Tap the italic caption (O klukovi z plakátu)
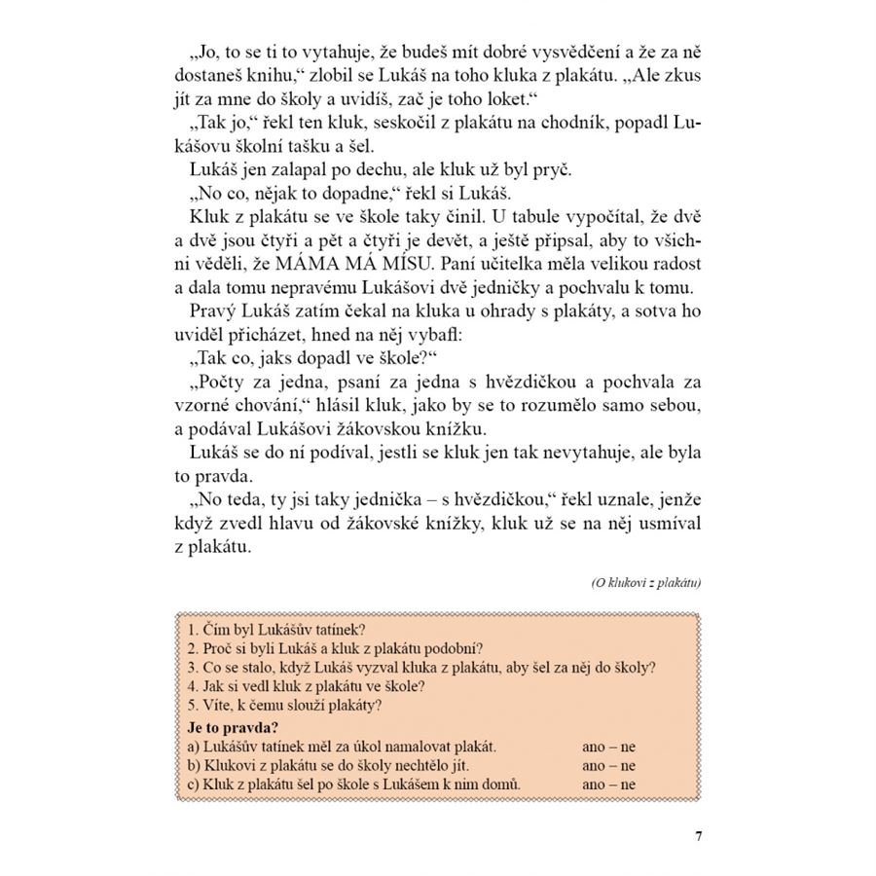(x=646, y=582)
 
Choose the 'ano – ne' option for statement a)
(x=608, y=747)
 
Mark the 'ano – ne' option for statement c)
(x=608, y=784)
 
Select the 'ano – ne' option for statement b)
(x=608, y=765)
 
